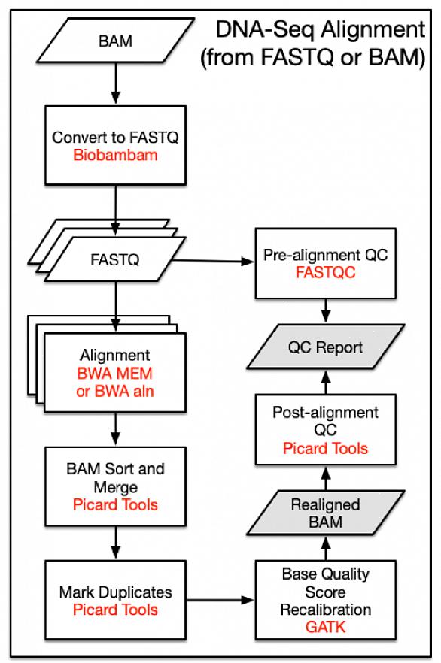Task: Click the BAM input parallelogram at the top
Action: [x=116, y=41]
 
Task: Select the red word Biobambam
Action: [x=115, y=155]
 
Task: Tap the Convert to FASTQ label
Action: [x=115, y=138]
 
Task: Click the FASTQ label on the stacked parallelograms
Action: [x=115, y=259]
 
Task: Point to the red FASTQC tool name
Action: [x=325, y=272]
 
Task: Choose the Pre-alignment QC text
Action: [x=325, y=255]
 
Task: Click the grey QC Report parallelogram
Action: [x=325, y=347]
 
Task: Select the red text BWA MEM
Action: [x=114, y=374]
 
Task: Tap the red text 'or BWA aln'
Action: [x=115, y=391]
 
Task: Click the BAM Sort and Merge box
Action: [x=116, y=486]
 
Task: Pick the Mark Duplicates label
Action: [x=116, y=592]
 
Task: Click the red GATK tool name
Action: [x=325, y=627]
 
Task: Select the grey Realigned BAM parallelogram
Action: [x=325, y=513]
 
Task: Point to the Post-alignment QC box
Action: [x=325, y=430]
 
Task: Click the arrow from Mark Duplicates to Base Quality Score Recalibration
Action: [x=220, y=600]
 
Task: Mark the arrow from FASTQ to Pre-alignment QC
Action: [x=212, y=261]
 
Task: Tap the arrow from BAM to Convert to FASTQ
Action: [x=116, y=83]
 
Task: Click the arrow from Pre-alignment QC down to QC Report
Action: [x=325, y=310]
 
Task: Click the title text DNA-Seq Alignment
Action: [x=321, y=29]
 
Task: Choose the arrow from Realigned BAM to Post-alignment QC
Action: [x=325, y=478]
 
